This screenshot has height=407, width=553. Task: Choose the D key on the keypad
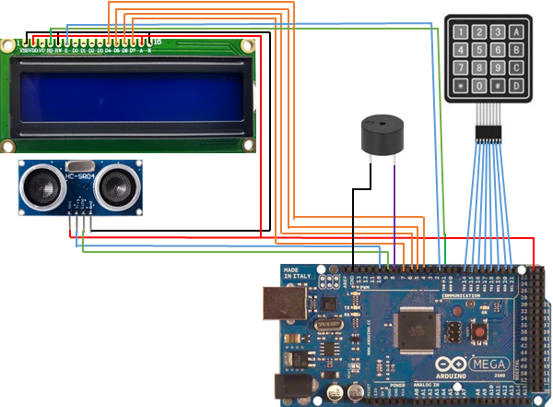point(517,86)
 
